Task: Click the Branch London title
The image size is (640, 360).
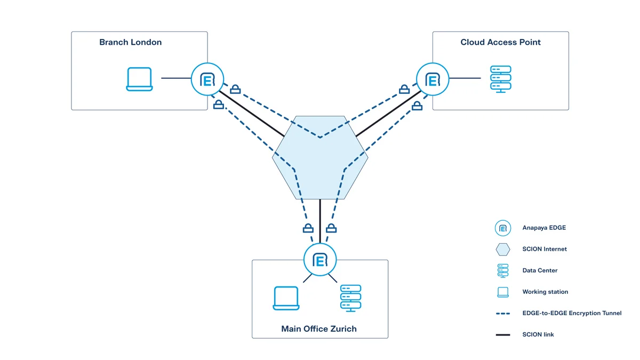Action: pyautogui.click(x=130, y=42)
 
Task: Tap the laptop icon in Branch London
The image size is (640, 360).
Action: pyautogui.click(x=139, y=79)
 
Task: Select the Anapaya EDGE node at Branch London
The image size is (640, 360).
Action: pyautogui.click(x=207, y=79)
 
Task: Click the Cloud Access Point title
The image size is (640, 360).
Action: pyautogui.click(x=500, y=42)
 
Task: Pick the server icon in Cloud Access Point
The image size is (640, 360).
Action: pyautogui.click(x=500, y=79)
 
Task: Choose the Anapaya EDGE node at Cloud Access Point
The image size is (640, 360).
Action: pyautogui.click(x=433, y=79)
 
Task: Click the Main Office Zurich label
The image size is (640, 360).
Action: pyautogui.click(x=319, y=329)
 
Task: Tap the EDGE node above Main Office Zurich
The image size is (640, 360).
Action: pyautogui.click(x=320, y=260)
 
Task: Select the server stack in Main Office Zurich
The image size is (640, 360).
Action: pyautogui.click(x=350, y=298)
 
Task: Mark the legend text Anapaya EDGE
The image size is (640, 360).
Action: pyautogui.click(x=544, y=228)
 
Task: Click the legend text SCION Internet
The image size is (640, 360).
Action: pyautogui.click(x=545, y=249)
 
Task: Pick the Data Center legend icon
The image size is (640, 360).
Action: pyautogui.click(x=502, y=270)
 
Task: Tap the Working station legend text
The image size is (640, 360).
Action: pyautogui.click(x=545, y=292)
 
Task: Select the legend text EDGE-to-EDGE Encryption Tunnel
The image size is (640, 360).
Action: pyautogui.click(x=572, y=313)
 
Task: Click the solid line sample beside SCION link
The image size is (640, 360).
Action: pyautogui.click(x=502, y=335)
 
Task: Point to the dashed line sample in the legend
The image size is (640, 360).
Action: pyautogui.click(x=502, y=314)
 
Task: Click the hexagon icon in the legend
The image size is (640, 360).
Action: pyautogui.click(x=502, y=249)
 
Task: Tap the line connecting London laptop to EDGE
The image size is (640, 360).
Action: pyautogui.click(x=176, y=78)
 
